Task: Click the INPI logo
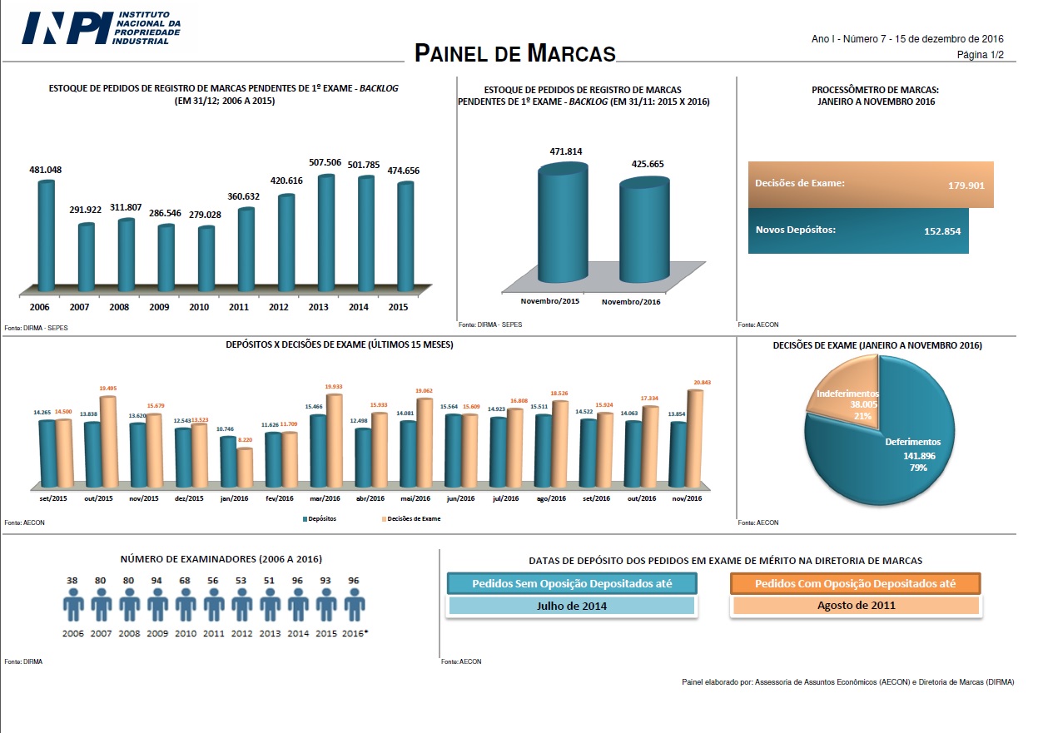pyautogui.click(x=100, y=27)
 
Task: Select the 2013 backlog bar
pyautogui.click(x=326, y=233)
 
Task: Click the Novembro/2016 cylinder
pyautogui.click(x=643, y=233)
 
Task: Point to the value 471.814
pyautogui.click(x=566, y=151)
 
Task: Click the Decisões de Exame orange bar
pyautogui.click(x=870, y=184)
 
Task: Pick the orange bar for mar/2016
pyautogui.click(x=334, y=441)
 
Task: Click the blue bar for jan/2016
pyautogui.click(x=227, y=461)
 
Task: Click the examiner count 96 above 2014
pyautogui.click(x=297, y=580)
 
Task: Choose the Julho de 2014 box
pyautogui.click(x=571, y=606)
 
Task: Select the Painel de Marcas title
pyautogui.click(x=515, y=54)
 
